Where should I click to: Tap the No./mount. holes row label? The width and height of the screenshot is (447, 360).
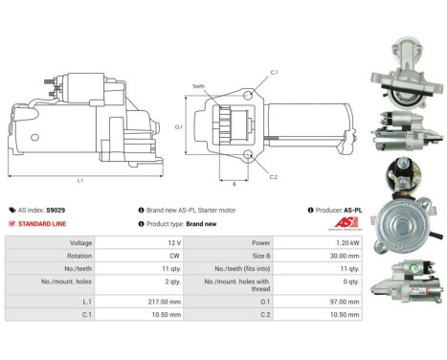click(46, 285)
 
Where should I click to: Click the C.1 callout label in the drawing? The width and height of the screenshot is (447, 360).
click(274, 73)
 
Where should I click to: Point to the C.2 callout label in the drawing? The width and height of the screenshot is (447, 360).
click(274, 177)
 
